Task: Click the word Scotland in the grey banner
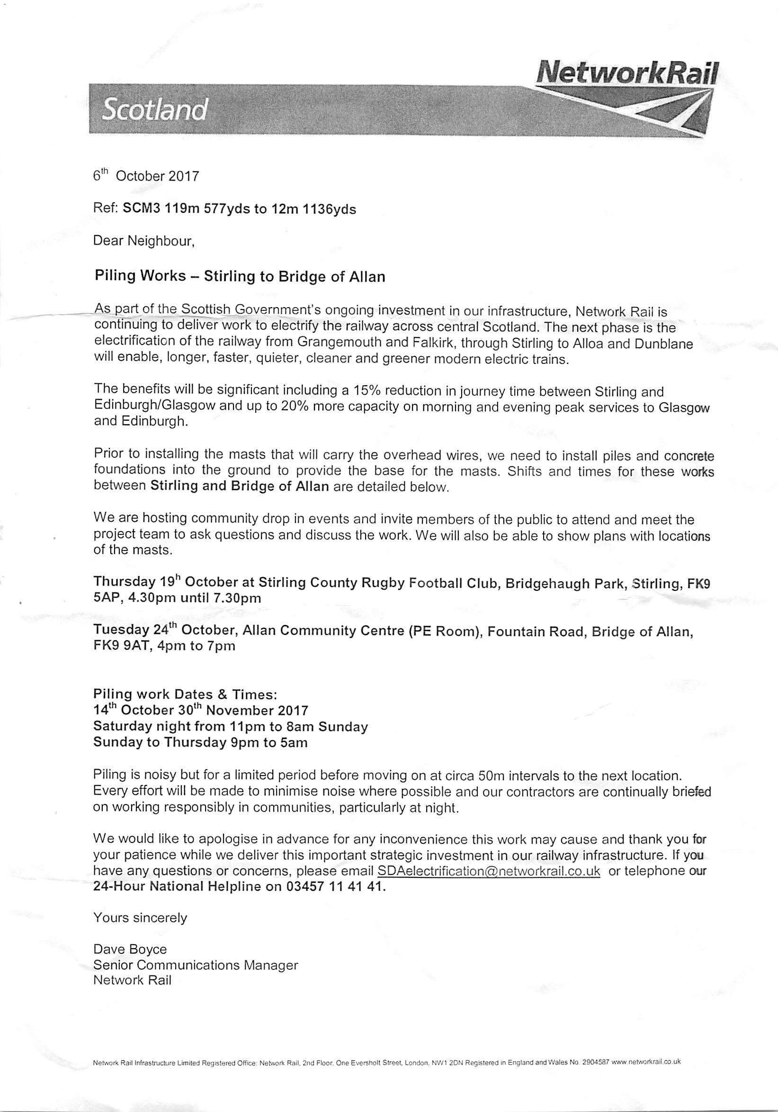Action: pos(154,111)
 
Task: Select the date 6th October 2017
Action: pos(146,175)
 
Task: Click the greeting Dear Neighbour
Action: pos(144,241)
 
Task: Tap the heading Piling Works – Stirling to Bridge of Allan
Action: pos(240,277)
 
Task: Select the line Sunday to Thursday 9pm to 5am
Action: pos(200,742)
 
